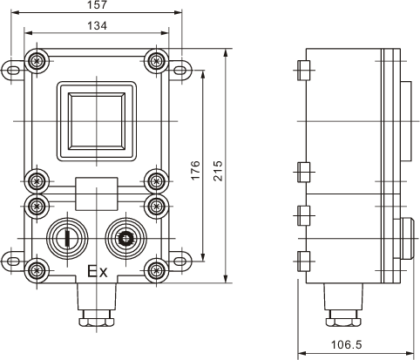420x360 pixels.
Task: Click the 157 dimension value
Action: [x=98, y=5]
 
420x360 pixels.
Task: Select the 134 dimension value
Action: [x=98, y=25]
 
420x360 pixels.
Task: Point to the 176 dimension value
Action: [x=196, y=170]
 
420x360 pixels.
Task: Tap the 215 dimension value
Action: [x=218, y=171]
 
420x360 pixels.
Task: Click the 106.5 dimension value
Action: [x=347, y=345]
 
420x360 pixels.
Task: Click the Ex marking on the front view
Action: [x=98, y=271]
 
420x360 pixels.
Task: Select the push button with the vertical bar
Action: [x=67, y=239]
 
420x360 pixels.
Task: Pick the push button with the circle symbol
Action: [x=125, y=239]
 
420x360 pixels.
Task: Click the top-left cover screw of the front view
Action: [x=37, y=61]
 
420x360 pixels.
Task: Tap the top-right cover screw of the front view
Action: [x=156, y=61]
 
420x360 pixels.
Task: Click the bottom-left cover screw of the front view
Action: [x=37, y=270]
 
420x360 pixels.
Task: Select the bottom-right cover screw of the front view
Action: [x=156, y=270]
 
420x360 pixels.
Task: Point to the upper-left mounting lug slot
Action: [x=12, y=71]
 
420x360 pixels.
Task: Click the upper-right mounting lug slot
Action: [x=180, y=71]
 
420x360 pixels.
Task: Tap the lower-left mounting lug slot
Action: [x=12, y=261]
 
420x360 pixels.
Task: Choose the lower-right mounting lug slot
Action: [x=180, y=261]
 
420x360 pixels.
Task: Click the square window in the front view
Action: [x=97, y=121]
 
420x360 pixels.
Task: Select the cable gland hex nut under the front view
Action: [x=97, y=322]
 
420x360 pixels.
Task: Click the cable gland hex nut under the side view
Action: [x=343, y=322]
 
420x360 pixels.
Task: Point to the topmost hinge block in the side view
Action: [x=304, y=71]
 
